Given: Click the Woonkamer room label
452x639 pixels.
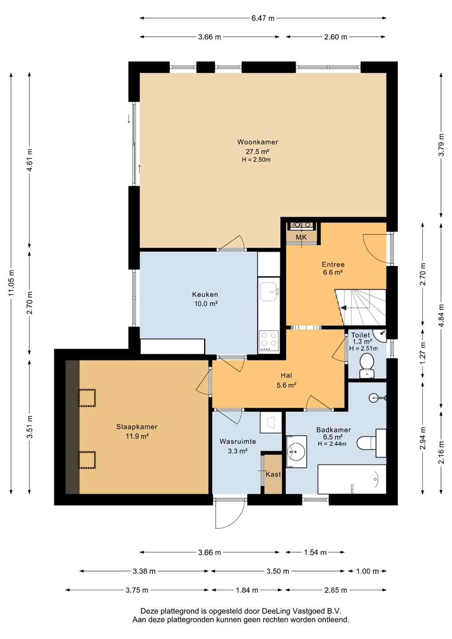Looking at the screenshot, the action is pyautogui.click(x=258, y=142).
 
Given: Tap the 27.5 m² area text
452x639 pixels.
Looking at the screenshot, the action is pyautogui.click(x=258, y=151).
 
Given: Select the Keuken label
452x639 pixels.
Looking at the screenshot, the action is pyautogui.click(x=205, y=294).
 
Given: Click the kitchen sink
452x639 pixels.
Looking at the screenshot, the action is pyautogui.click(x=269, y=292).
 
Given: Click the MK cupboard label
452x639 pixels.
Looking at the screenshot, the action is pyautogui.click(x=301, y=237).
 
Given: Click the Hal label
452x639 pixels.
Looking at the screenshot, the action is pyautogui.click(x=286, y=375).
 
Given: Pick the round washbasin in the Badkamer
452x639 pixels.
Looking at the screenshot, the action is pyautogui.click(x=296, y=452).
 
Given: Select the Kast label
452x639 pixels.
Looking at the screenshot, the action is pyautogui.click(x=273, y=474).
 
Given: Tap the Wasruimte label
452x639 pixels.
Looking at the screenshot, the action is pyautogui.click(x=238, y=442).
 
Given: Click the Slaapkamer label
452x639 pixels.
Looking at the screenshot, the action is pyautogui.click(x=137, y=427).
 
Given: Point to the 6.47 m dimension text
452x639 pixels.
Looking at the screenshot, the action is pyautogui.click(x=263, y=18).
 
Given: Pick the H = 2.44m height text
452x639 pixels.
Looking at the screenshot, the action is pyautogui.click(x=332, y=444).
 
